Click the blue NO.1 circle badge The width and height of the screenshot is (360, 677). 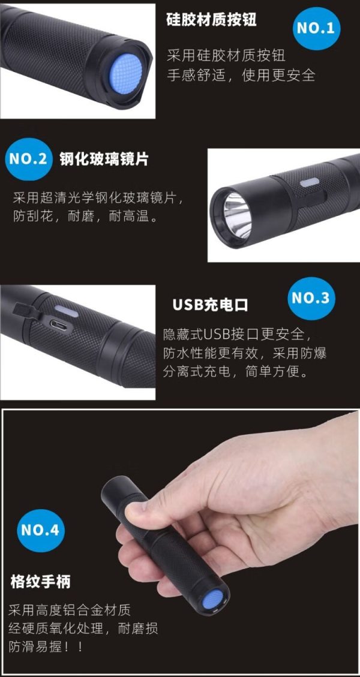(316, 29)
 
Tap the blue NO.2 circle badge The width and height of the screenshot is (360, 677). (29, 160)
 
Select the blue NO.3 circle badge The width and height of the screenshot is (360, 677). (311, 299)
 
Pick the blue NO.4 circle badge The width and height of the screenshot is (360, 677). (41, 530)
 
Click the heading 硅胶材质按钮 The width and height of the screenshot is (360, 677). (211, 19)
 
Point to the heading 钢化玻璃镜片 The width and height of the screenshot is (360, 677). (104, 160)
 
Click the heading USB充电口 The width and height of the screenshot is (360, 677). (211, 305)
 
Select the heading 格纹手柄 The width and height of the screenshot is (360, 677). (40, 582)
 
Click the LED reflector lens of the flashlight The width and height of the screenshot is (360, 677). (236, 215)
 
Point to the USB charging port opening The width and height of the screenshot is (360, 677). (58, 324)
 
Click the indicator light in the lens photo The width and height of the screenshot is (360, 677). (310, 182)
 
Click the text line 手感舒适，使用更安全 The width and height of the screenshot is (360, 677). (241, 76)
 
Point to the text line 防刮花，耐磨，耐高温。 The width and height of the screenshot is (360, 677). (86, 216)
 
